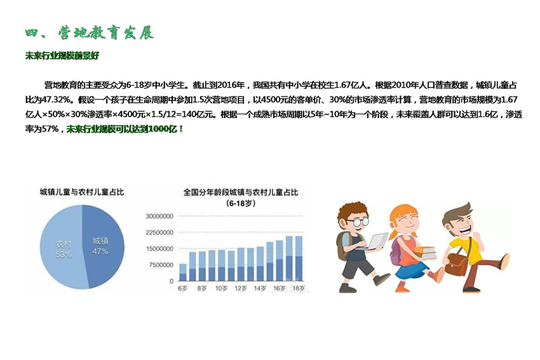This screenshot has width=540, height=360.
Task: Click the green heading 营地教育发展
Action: coord(105,33)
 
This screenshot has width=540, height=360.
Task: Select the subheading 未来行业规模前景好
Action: coord(62,56)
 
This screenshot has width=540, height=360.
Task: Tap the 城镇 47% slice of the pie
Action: coord(104,246)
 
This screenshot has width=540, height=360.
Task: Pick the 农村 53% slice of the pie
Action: coord(62,248)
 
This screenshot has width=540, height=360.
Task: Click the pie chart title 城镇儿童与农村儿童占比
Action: coord(81,192)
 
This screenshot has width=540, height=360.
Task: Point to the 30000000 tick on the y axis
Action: coord(159,216)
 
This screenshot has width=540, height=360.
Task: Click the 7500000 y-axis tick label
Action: coord(161,265)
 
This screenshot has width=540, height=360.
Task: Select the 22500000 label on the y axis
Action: coord(159,232)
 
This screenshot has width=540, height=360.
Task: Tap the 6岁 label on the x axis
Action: coord(182,288)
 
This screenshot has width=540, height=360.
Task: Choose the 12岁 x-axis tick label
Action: coord(240,288)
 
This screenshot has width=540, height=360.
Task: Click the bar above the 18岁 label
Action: coord(299,258)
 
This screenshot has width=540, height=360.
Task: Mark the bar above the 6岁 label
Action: coord(183,272)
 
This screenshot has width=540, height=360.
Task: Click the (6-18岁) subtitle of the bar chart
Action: coord(241,203)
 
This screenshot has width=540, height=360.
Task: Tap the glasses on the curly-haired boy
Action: coord(358,222)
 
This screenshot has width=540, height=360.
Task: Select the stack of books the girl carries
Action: coord(425,252)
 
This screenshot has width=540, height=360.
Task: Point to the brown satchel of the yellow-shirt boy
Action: coord(456,263)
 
